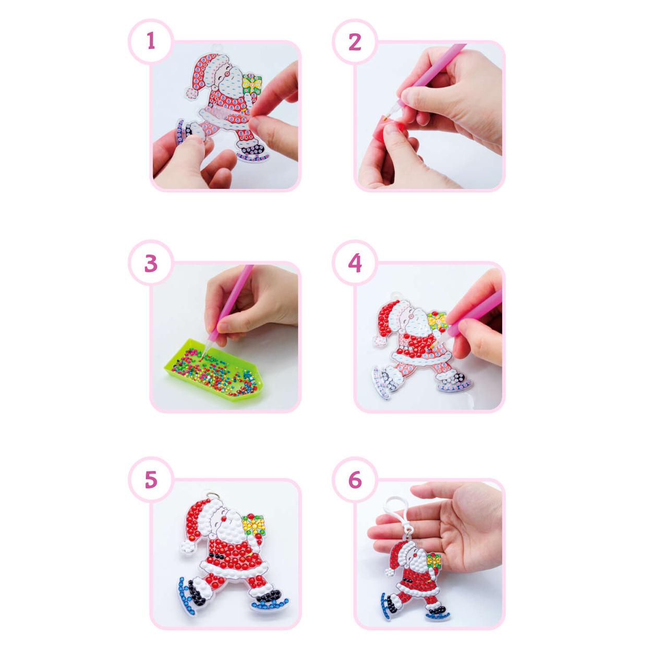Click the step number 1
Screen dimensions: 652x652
click(151, 41)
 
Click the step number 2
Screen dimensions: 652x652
click(355, 42)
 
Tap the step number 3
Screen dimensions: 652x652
click(151, 263)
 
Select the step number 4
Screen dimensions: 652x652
click(355, 263)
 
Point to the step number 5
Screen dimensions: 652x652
click(151, 480)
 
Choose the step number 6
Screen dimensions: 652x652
click(355, 480)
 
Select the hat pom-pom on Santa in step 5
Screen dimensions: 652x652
click(187, 547)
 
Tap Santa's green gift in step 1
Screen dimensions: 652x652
click(252, 83)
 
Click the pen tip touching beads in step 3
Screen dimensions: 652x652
click(201, 359)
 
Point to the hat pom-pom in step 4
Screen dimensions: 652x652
click(380, 341)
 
